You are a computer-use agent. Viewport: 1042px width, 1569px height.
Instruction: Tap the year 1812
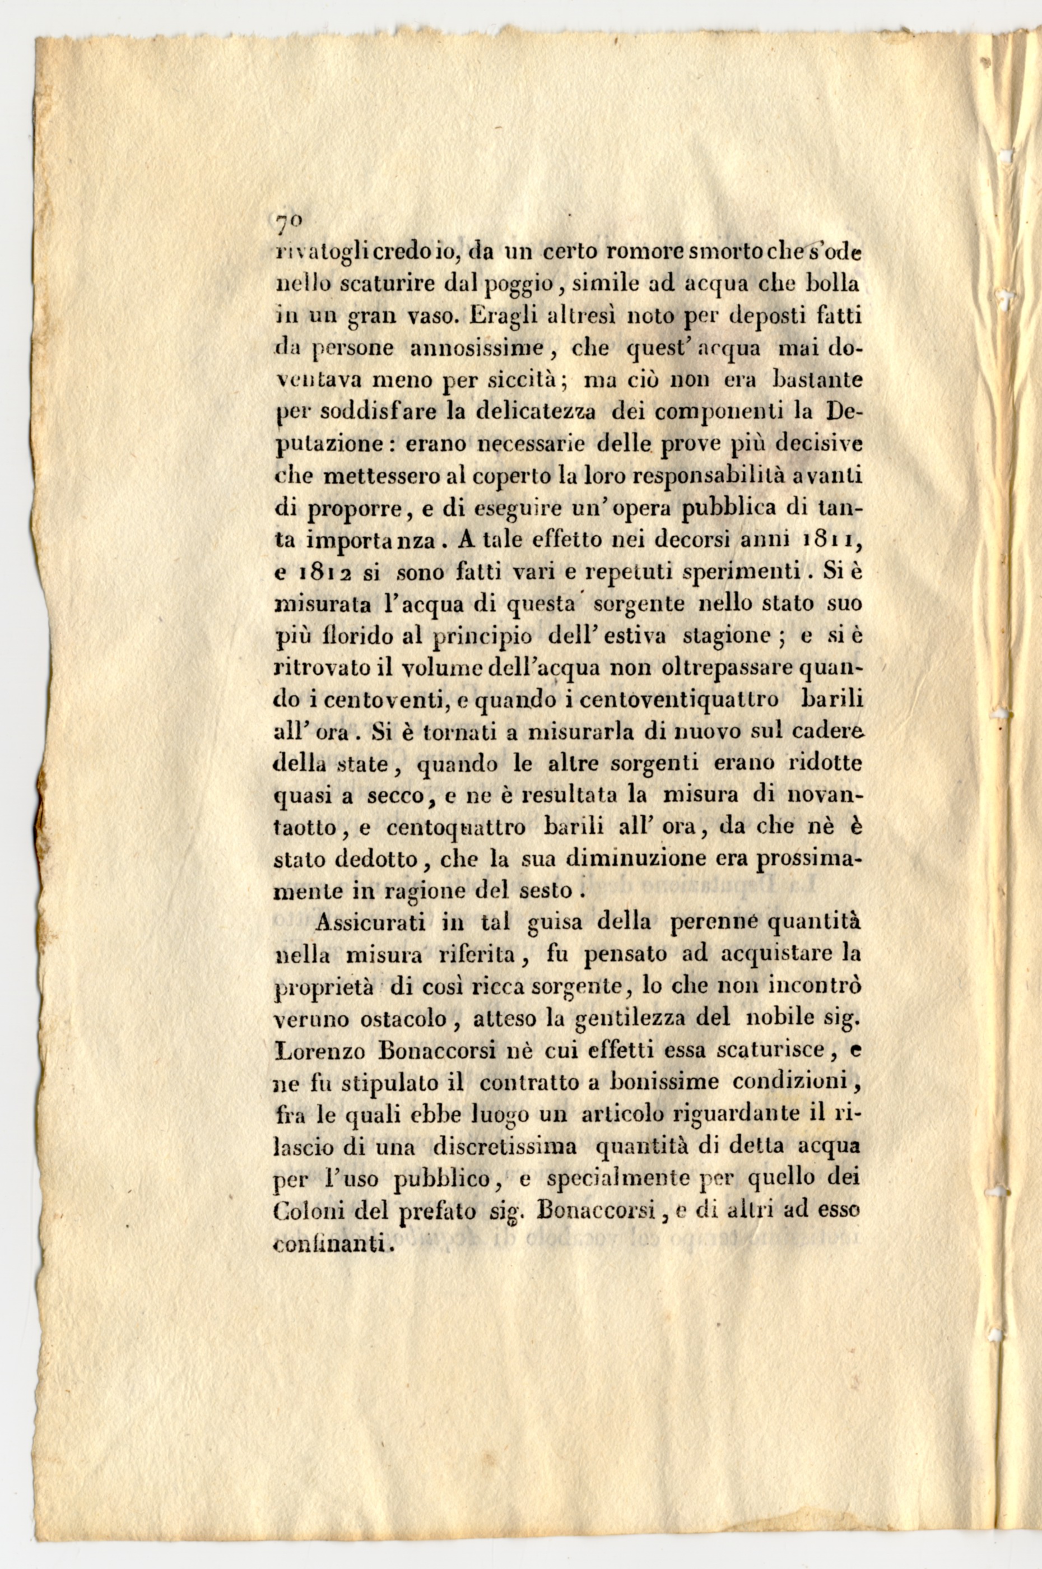click(x=321, y=572)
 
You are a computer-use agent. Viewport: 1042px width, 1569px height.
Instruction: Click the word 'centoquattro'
click(x=456, y=829)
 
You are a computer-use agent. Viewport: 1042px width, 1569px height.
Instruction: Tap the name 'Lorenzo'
click(x=313, y=1051)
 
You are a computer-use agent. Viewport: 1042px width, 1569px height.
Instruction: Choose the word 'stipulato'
click(x=384, y=1083)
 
